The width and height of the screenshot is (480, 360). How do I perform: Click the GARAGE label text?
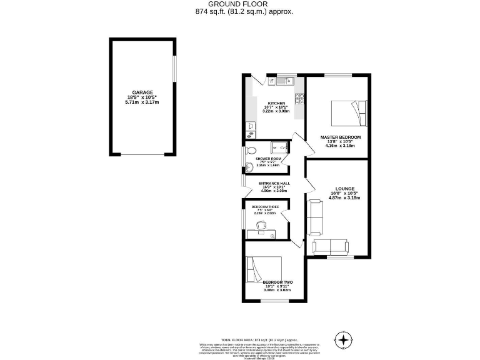tap(142, 92)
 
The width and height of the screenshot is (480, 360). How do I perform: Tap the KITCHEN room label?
tap(276, 103)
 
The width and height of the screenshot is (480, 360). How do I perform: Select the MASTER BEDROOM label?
tap(340, 137)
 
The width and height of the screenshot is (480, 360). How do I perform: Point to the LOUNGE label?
tap(344, 188)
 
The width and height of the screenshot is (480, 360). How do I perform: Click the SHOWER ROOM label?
tap(268, 159)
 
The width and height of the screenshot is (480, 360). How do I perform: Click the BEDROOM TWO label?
tap(277, 282)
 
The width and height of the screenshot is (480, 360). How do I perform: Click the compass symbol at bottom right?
tap(342, 340)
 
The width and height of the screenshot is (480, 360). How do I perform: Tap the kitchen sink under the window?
tap(285, 80)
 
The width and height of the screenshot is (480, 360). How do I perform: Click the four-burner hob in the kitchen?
tap(299, 98)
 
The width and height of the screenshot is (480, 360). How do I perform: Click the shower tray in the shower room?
tap(277, 148)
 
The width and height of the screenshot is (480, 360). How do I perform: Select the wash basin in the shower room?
tap(249, 166)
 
